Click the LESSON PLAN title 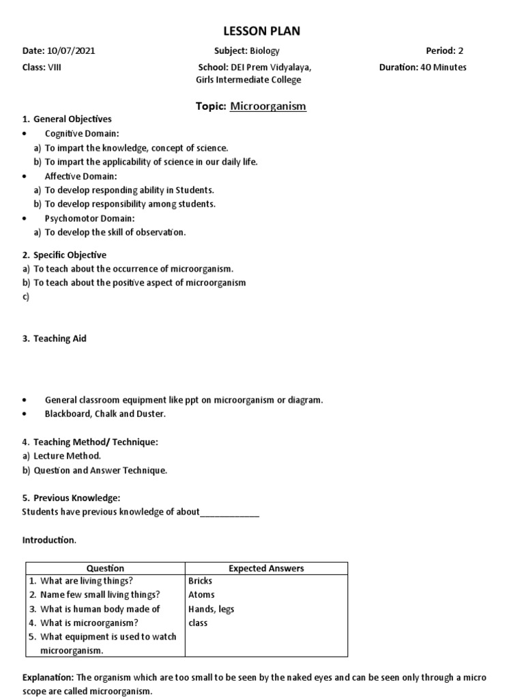click(262, 31)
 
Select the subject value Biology click(264, 51)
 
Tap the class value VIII click(53, 68)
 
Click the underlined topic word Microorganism click(268, 106)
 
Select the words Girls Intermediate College click(248, 80)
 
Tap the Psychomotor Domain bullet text click(89, 218)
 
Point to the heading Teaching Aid click(59, 339)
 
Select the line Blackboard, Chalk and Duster click(105, 414)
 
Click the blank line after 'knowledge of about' click(229, 512)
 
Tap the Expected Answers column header click(266, 568)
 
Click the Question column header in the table click(105, 568)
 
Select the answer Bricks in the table click(200, 581)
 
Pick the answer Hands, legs click(211, 609)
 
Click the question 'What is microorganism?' click(89, 623)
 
